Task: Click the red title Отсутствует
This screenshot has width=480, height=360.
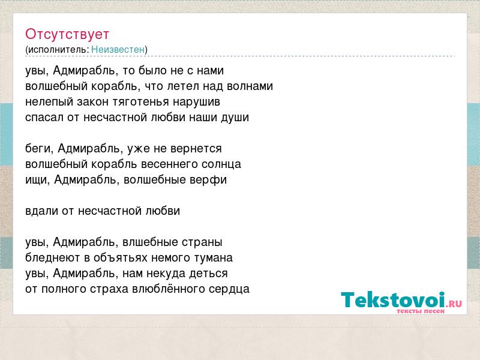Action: coord(67,34)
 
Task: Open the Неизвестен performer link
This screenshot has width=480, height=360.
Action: coord(118,49)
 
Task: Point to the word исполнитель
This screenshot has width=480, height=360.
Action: coord(58,50)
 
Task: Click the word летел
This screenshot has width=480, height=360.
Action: coord(183,86)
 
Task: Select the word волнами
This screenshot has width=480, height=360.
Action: coord(250,86)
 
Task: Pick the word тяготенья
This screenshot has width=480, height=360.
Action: coord(140,102)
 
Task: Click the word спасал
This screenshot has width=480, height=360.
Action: coord(44,117)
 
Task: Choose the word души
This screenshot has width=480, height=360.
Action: coord(235,118)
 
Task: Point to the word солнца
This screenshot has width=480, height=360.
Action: coord(221,164)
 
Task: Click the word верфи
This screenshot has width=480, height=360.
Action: coord(208,179)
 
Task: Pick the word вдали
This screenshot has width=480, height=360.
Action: coord(41,211)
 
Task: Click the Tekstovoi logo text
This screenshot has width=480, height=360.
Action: coord(393,299)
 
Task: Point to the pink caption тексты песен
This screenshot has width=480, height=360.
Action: coord(421,311)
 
